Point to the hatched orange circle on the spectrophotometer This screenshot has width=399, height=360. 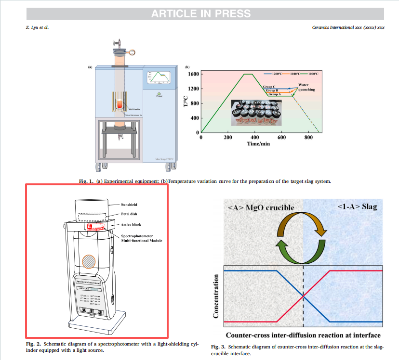89,261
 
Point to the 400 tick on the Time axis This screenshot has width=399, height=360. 255,138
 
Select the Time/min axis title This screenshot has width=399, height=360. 259,144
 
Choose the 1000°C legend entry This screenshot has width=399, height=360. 313,73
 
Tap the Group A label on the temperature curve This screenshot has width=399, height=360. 274,94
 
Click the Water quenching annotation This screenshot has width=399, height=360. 306,86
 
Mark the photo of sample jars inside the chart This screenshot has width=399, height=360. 255,112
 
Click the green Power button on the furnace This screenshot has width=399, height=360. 159,93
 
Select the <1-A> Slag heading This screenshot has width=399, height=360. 357,206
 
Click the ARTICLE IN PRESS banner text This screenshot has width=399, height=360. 200,13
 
